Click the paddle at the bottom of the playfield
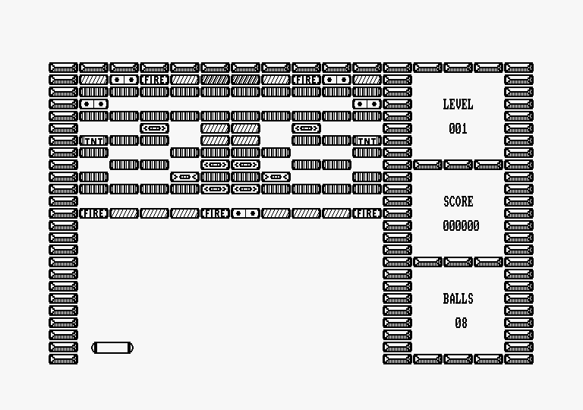112,348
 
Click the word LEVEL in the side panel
458,104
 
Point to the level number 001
458,128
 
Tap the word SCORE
458,201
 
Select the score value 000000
461,225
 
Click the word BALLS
458,298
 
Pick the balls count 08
461,323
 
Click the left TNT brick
94,140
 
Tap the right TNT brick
367,140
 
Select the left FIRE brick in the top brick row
155,79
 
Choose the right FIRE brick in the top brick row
307,79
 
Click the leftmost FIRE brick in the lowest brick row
94,213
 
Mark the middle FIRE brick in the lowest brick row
216,213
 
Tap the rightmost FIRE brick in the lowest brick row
367,213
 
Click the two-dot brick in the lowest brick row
246,213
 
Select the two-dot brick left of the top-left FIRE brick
124,79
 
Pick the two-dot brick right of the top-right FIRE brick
337,79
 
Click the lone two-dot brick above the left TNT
94,103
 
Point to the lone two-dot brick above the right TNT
367,103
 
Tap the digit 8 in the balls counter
465,323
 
